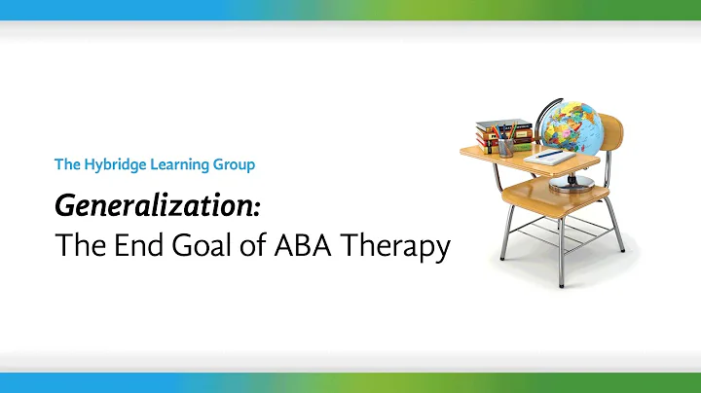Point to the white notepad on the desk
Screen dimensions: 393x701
(x=551, y=157)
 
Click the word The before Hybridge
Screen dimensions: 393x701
(x=67, y=164)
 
